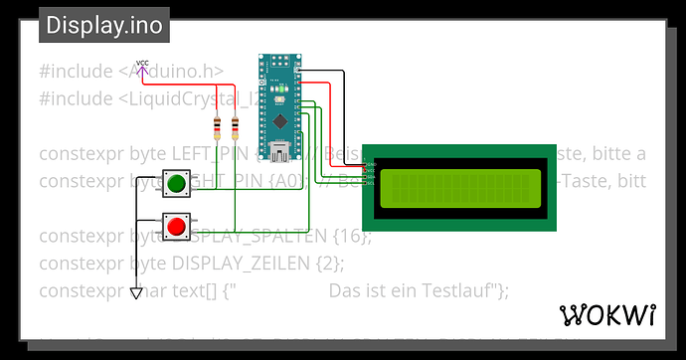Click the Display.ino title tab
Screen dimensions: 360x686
coord(103,26)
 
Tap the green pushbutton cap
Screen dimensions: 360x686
coord(177,183)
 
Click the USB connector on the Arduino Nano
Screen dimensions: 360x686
coord(278,152)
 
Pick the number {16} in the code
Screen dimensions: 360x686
coord(353,237)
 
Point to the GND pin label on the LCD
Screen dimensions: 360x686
coord(370,163)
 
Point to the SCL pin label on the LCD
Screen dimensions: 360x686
coord(370,181)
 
